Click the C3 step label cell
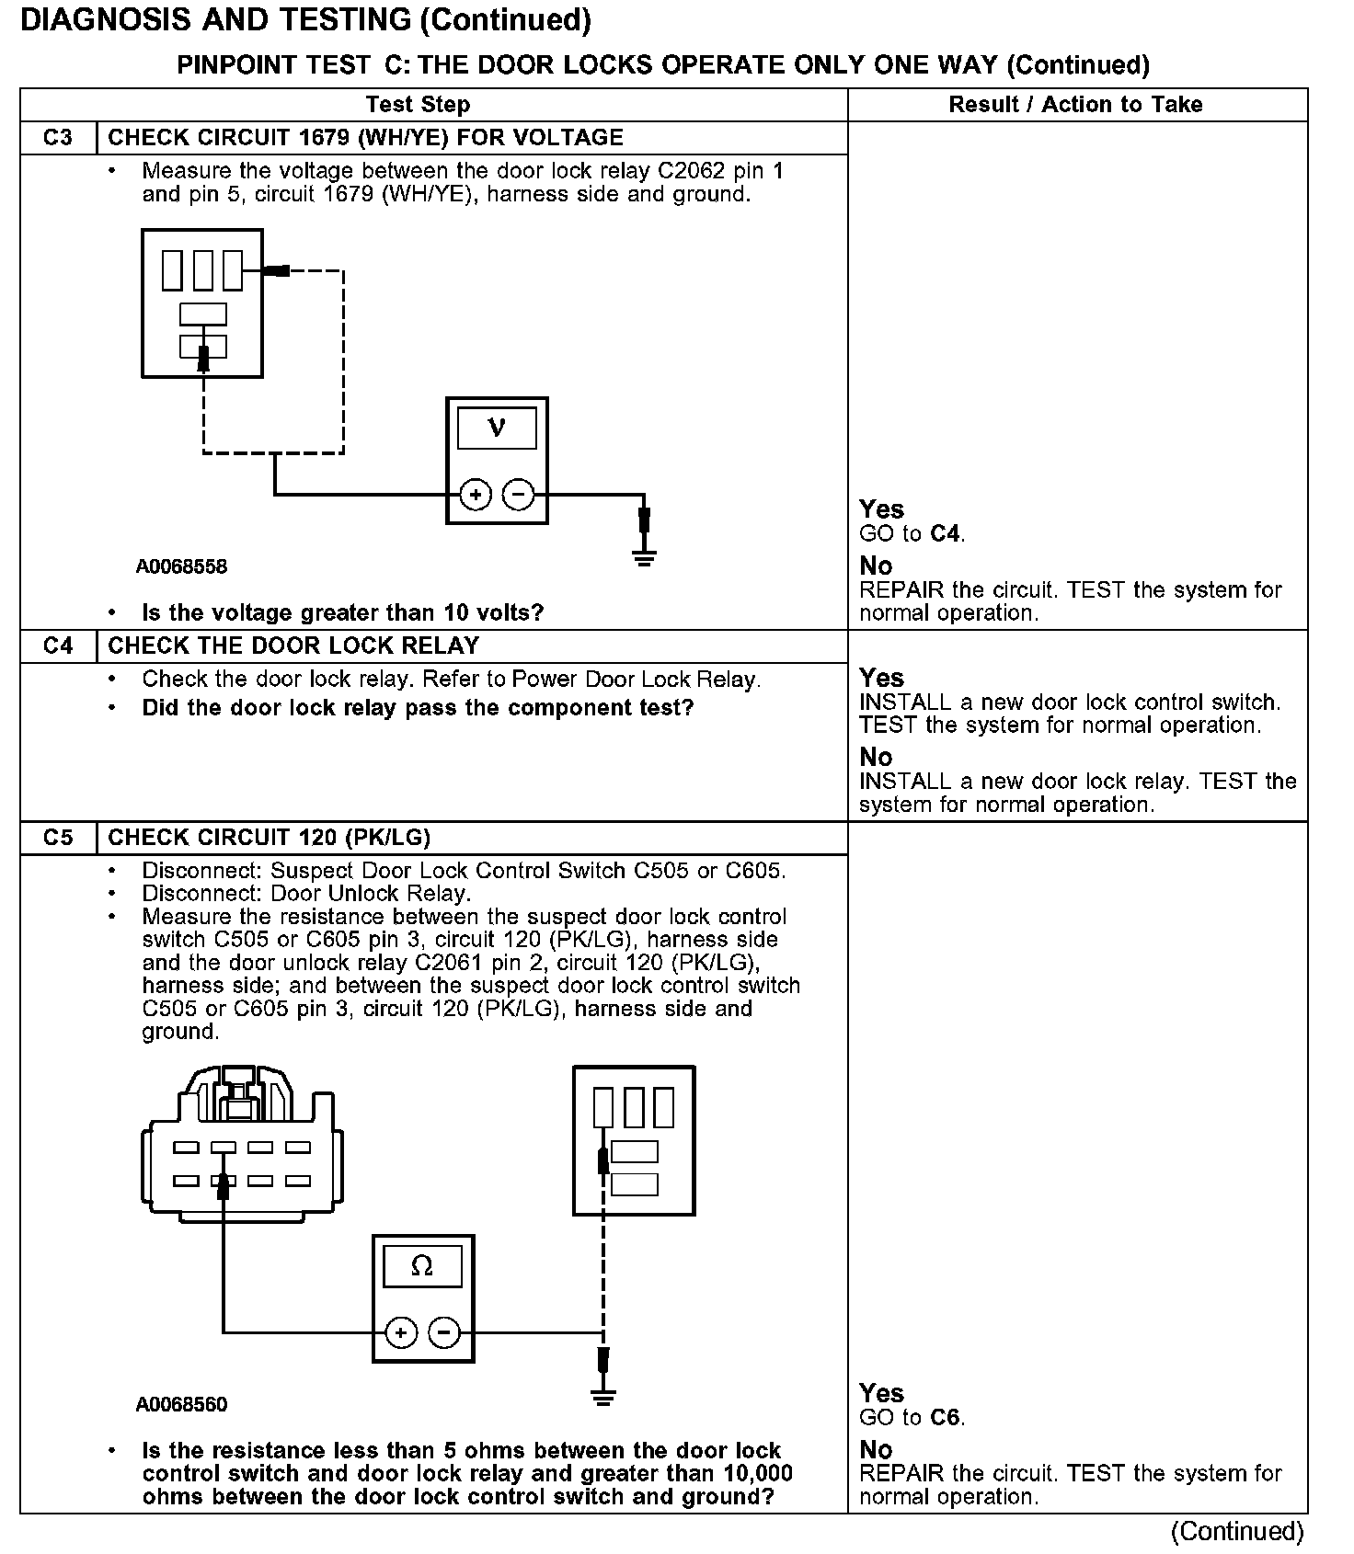57,138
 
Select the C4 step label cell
57,646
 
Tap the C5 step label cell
57,838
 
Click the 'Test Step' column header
418,105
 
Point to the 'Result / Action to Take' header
1075,105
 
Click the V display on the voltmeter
497,428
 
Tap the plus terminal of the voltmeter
475,496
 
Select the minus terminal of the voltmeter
519,496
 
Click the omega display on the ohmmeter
422,1267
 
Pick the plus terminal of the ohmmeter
400,1332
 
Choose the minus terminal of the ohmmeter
444,1332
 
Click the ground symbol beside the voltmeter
644,555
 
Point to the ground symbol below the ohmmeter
602,1399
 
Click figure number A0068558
181,566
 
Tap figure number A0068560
181,1404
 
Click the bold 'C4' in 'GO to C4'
946,533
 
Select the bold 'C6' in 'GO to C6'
946,1417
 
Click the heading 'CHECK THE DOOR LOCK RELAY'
293,646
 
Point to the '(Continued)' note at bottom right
1236,1531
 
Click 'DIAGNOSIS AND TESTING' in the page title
216,20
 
